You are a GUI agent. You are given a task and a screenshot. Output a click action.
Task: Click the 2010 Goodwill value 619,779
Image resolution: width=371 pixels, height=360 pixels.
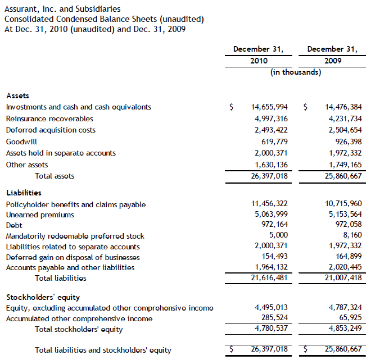coord(272,142)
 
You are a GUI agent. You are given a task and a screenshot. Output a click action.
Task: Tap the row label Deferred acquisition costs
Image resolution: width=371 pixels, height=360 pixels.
coord(51,130)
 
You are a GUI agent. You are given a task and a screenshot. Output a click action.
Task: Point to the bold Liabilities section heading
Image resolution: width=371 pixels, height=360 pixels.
coord(24,193)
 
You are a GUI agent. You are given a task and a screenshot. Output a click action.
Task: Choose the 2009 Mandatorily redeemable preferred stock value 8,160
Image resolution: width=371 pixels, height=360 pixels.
coord(351,236)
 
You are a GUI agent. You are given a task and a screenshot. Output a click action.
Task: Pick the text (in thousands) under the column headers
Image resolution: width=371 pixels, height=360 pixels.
coord(296,72)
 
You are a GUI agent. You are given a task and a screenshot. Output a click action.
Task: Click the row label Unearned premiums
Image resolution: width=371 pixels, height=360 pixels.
coord(40,215)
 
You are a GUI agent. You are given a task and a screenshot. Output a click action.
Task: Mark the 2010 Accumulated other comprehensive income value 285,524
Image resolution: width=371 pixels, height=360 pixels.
coord(272,318)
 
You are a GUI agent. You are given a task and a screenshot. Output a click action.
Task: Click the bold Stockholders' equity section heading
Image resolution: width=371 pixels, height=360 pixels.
coord(43,297)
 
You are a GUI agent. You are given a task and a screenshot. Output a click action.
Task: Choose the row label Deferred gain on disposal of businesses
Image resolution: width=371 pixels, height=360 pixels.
coord(73,257)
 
